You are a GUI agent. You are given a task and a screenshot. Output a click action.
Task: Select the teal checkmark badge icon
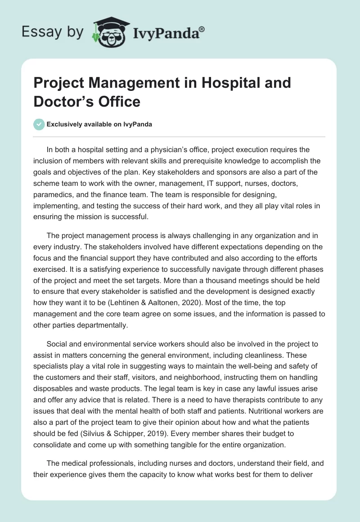click(39, 124)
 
